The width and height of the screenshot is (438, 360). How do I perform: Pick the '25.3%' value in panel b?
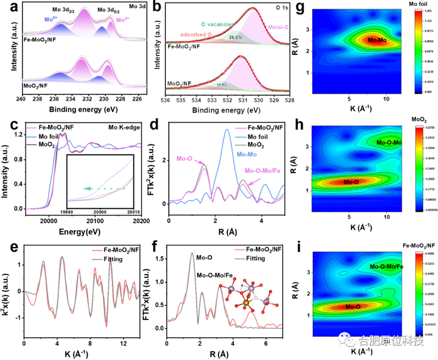(x=235, y=37)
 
